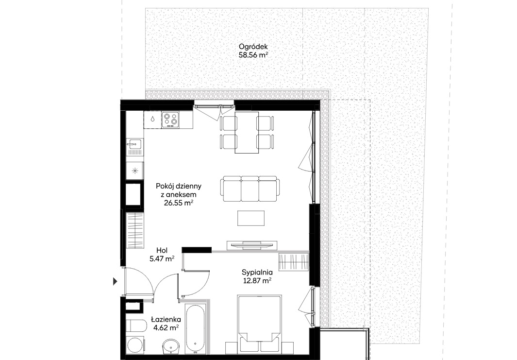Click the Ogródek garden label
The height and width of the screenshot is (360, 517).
coord(253,47)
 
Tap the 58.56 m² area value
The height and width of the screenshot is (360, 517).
coord(253,55)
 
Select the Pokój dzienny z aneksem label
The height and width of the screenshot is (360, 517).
coord(178,190)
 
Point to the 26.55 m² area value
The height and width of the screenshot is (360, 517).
coord(178,203)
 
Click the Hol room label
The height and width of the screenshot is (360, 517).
coord(162,251)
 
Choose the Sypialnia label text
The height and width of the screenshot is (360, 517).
coord(257,273)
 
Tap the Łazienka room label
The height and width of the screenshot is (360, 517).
coord(166,319)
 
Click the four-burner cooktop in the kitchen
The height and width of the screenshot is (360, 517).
coord(170,120)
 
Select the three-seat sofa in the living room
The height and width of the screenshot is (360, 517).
coord(250,189)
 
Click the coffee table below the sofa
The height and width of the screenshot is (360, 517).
coord(251,218)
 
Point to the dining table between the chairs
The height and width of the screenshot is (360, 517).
coord(247,132)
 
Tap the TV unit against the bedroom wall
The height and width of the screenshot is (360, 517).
coord(251,245)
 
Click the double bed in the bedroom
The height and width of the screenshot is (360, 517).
coord(259,324)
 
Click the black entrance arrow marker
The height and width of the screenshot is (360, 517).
coord(115,281)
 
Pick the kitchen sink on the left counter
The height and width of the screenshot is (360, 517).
coord(135,144)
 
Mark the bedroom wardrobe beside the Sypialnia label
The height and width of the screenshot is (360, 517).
coord(294,262)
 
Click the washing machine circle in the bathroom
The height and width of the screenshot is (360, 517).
coord(135,345)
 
